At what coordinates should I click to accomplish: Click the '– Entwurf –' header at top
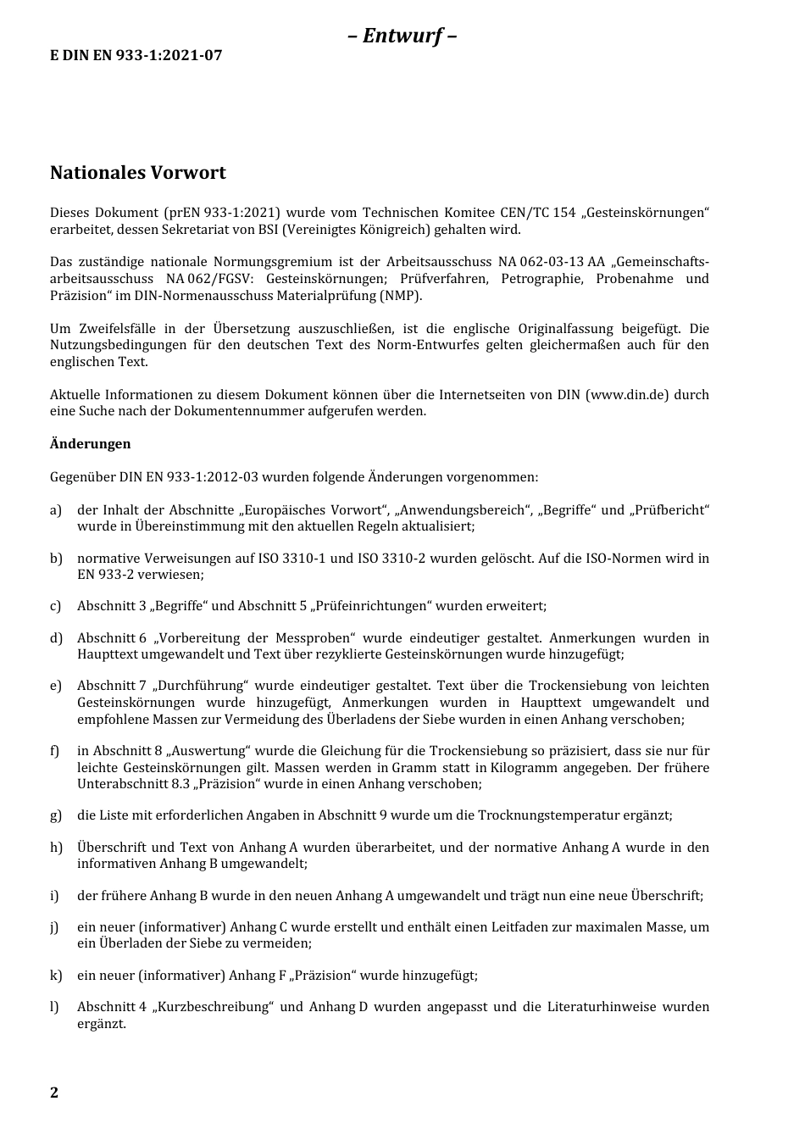pyautogui.click(x=402, y=36)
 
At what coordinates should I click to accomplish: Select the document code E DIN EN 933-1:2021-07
pyautogui.click(x=136, y=56)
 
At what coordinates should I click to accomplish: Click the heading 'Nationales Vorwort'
pyautogui.click(x=138, y=173)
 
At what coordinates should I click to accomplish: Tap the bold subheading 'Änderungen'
pyautogui.click(x=91, y=443)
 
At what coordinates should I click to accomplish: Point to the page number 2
pyautogui.click(x=54, y=1093)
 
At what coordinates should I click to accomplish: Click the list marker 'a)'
pyautogui.click(x=56, y=510)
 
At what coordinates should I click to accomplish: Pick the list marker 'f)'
pyautogui.click(x=55, y=751)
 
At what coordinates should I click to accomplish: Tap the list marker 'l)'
pyautogui.click(x=54, y=1007)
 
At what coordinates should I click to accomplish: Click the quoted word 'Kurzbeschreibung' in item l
pyautogui.click(x=212, y=1007)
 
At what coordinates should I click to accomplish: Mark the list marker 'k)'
pyautogui.click(x=56, y=976)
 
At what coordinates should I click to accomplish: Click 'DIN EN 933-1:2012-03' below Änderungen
pyautogui.click(x=188, y=477)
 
